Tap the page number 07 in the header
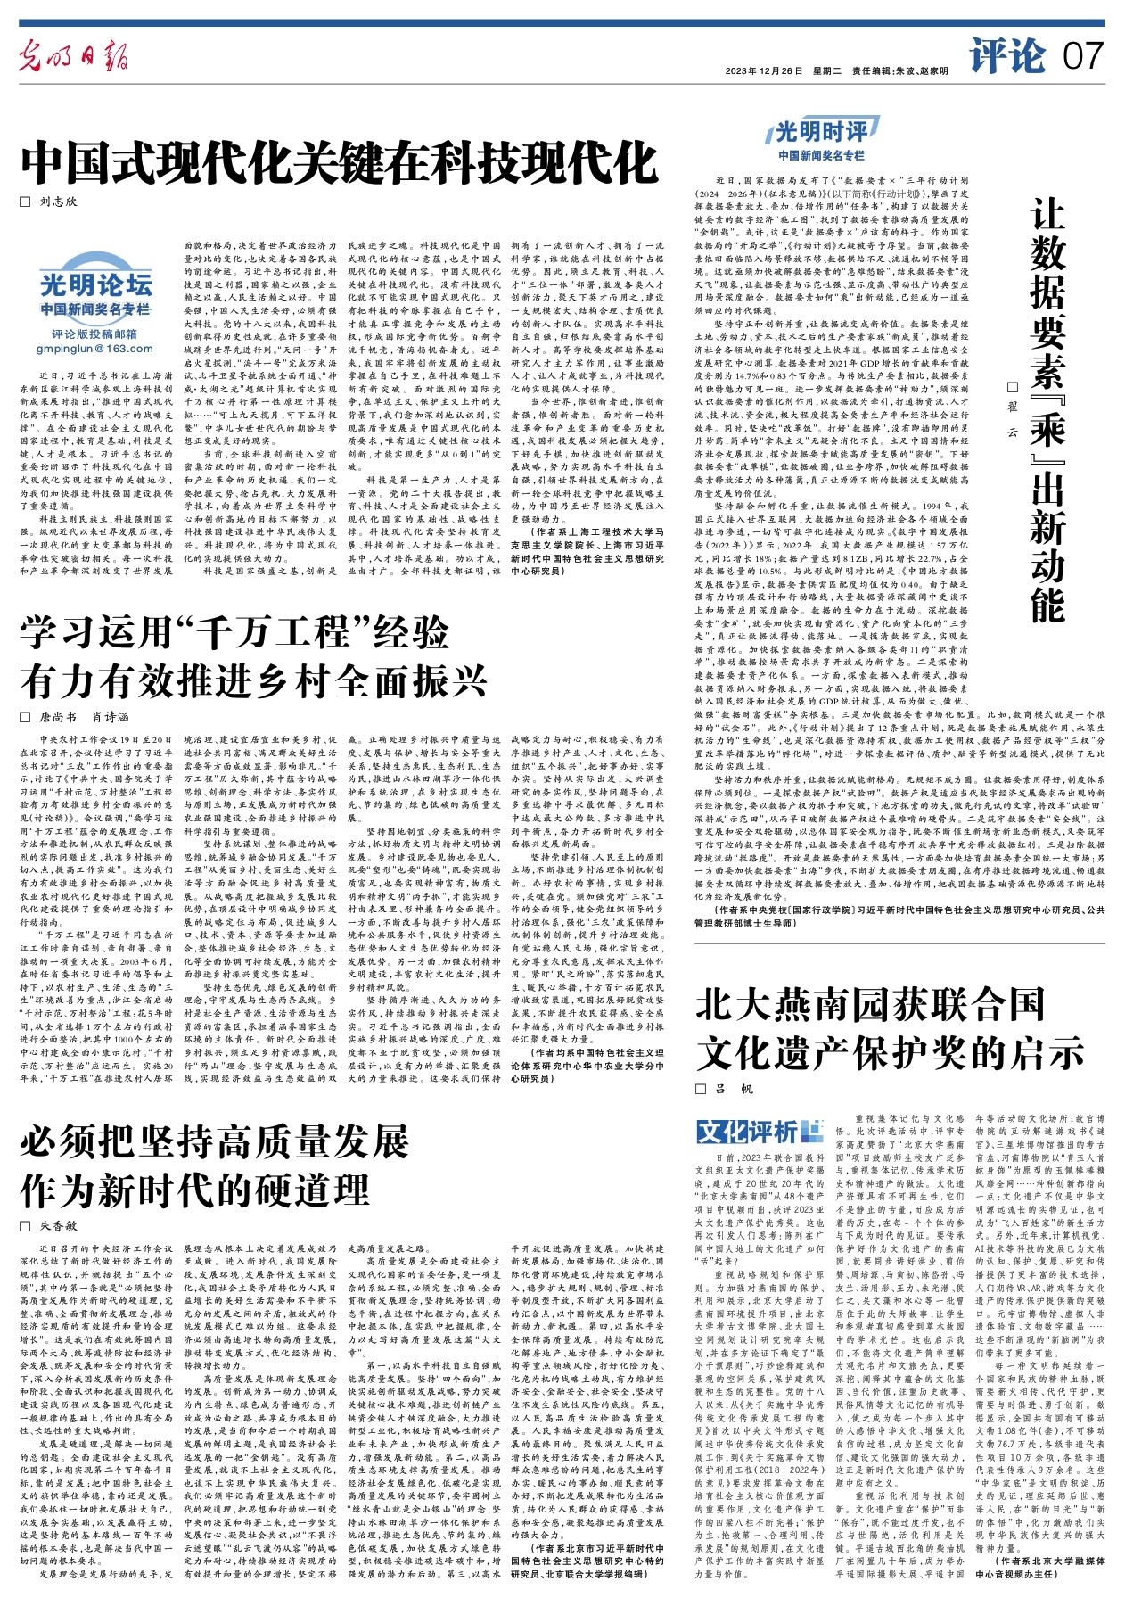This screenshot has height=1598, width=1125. coord(1083,57)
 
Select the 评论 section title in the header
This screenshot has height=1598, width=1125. coord(1008,55)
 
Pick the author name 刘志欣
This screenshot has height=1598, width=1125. coord(59,202)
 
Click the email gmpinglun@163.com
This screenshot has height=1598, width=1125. coord(95,349)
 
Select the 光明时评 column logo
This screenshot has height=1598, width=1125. coord(821,133)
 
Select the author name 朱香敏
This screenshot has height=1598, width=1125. coord(59,1226)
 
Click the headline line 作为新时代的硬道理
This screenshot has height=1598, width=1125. coord(194,1190)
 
